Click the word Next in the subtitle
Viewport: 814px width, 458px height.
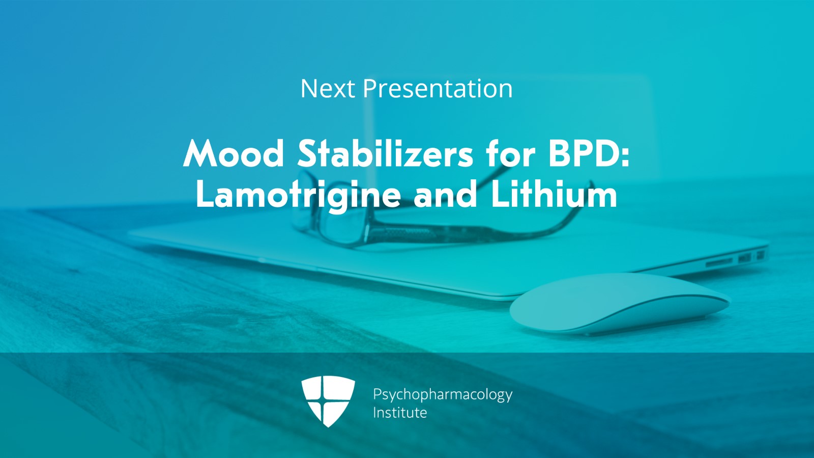(328, 89)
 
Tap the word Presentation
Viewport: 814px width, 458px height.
(438, 89)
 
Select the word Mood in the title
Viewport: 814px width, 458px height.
(234, 153)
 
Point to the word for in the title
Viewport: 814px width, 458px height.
(511, 153)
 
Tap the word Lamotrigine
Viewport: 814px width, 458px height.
(298, 195)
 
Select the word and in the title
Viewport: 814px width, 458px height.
(445, 195)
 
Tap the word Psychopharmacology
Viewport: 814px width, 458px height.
(443, 395)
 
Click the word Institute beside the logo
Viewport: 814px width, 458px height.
(400, 413)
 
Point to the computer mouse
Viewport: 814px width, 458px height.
(620, 304)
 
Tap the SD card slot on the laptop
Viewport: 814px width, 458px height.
(719, 261)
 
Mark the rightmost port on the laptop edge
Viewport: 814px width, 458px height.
(760, 255)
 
